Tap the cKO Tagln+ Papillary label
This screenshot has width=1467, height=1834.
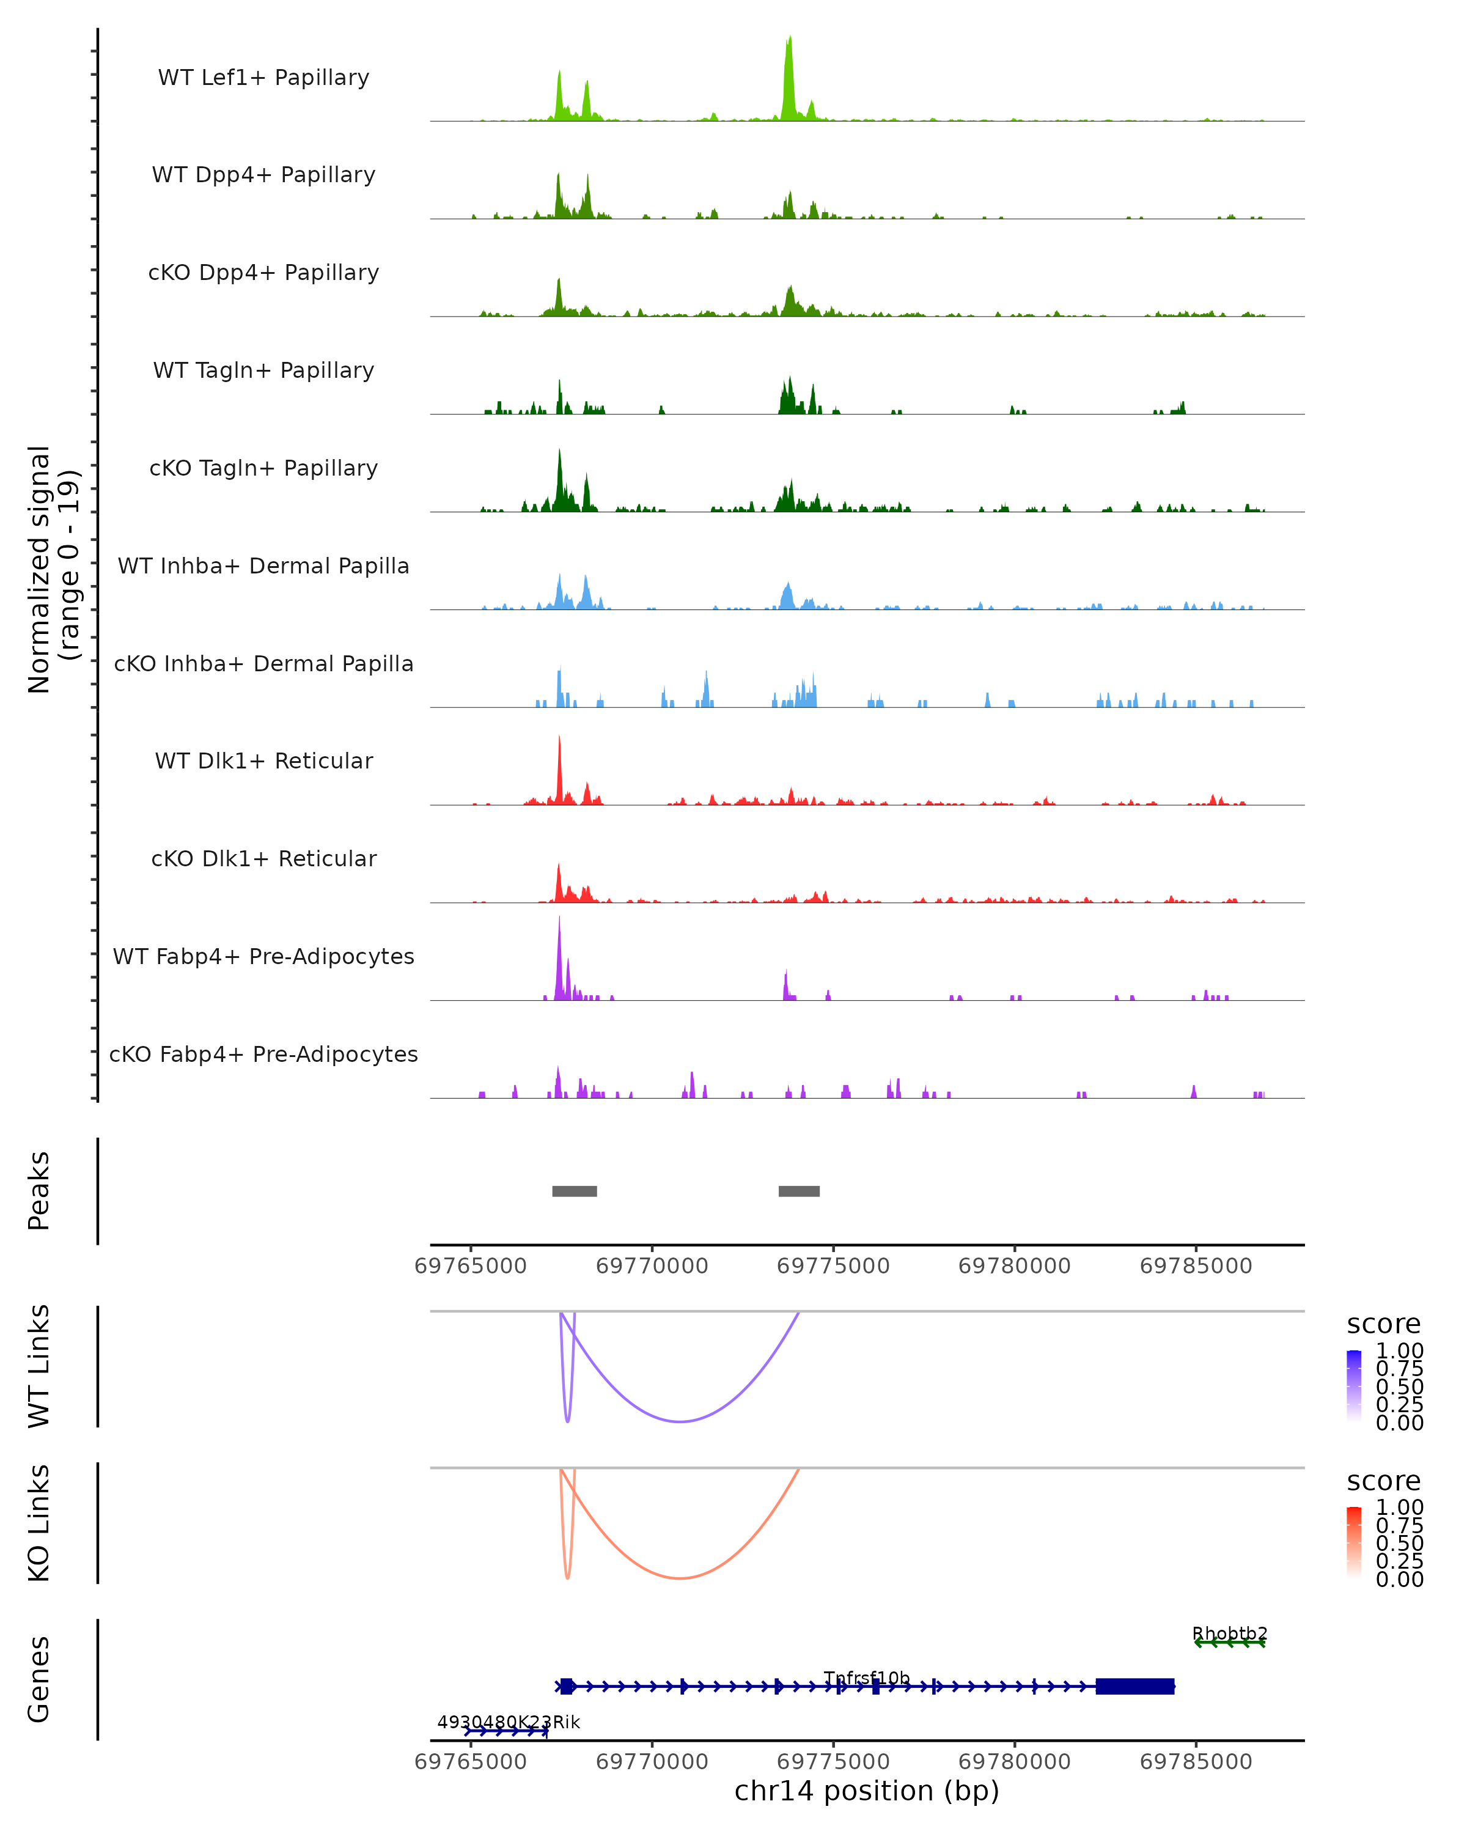click(263, 469)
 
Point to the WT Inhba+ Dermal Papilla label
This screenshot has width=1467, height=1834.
click(263, 567)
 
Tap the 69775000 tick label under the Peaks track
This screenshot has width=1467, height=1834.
click(833, 1267)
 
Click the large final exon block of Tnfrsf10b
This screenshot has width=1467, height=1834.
click(1134, 1687)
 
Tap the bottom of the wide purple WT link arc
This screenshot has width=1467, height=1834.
click(680, 1421)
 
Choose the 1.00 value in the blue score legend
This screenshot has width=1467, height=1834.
click(1399, 1351)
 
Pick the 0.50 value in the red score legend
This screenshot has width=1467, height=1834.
click(1399, 1543)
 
